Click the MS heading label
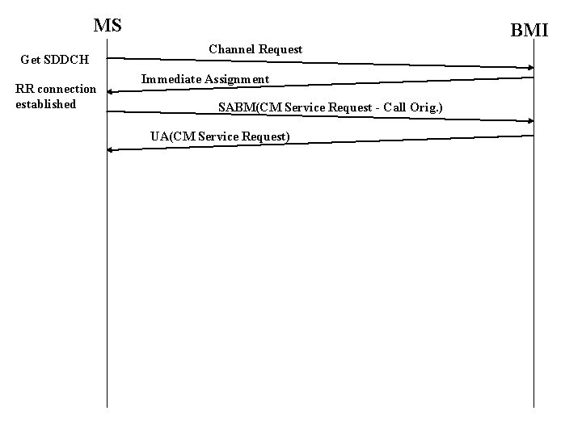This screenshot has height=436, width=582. tap(108, 25)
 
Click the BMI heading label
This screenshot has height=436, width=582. tap(529, 31)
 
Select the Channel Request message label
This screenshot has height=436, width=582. tap(255, 49)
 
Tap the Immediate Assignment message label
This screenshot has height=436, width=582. tap(205, 79)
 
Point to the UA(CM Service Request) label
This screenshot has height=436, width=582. tap(220, 136)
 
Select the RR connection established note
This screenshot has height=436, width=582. tap(56, 96)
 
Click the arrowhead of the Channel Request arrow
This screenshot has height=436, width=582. tap(531, 67)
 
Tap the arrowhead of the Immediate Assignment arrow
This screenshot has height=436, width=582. tap(111, 92)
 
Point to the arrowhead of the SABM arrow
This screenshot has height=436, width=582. tap(531, 121)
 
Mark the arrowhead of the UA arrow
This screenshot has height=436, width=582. tap(111, 149)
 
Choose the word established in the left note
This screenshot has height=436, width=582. tap(46, 104)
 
